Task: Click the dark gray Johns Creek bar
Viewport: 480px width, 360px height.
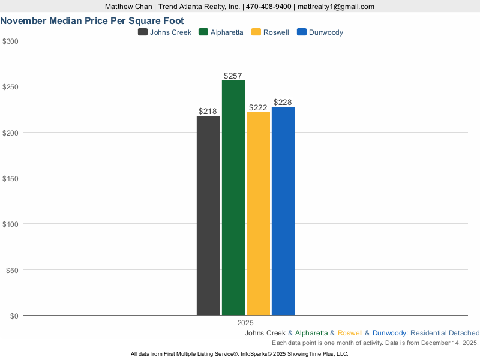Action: (208, 215)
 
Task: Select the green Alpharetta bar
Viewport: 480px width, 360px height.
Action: (233, 198)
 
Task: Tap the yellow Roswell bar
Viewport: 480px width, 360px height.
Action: (258, 214)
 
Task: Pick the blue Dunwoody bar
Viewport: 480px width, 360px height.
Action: (283, 211)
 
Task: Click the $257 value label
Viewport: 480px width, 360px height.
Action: (233, 76)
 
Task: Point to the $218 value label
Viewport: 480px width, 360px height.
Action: (208, 112)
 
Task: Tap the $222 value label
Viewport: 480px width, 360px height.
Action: (258, 108)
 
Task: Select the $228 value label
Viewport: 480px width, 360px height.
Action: (283, 103)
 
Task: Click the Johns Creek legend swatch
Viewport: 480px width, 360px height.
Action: (143, 32)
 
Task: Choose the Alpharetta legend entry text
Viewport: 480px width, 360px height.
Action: (227, 32)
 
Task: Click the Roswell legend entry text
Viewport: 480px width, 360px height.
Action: (276, 32)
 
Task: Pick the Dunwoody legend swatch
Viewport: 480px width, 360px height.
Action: (302, 32)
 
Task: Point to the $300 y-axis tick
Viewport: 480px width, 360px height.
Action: (11, 41)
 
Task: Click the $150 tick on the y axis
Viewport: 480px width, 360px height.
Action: (11, 178)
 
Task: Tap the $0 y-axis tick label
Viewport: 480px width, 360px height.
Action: (14, 316)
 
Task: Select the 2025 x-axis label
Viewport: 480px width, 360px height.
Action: (245, 323)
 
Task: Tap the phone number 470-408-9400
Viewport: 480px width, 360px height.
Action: (268, 7)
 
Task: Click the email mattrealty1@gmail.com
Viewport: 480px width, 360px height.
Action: (335, 7)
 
